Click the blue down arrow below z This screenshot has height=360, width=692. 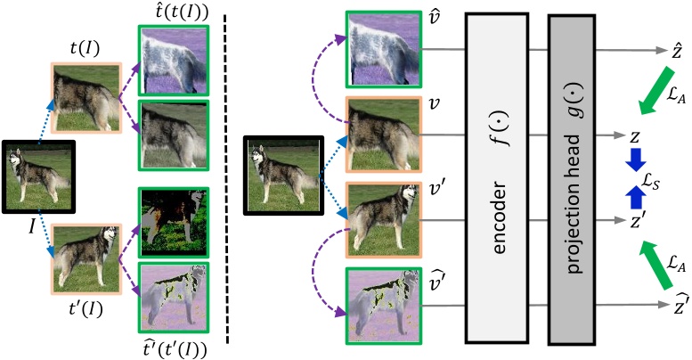tap(634, 159)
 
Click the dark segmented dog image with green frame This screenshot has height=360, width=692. tap(172, 217)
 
